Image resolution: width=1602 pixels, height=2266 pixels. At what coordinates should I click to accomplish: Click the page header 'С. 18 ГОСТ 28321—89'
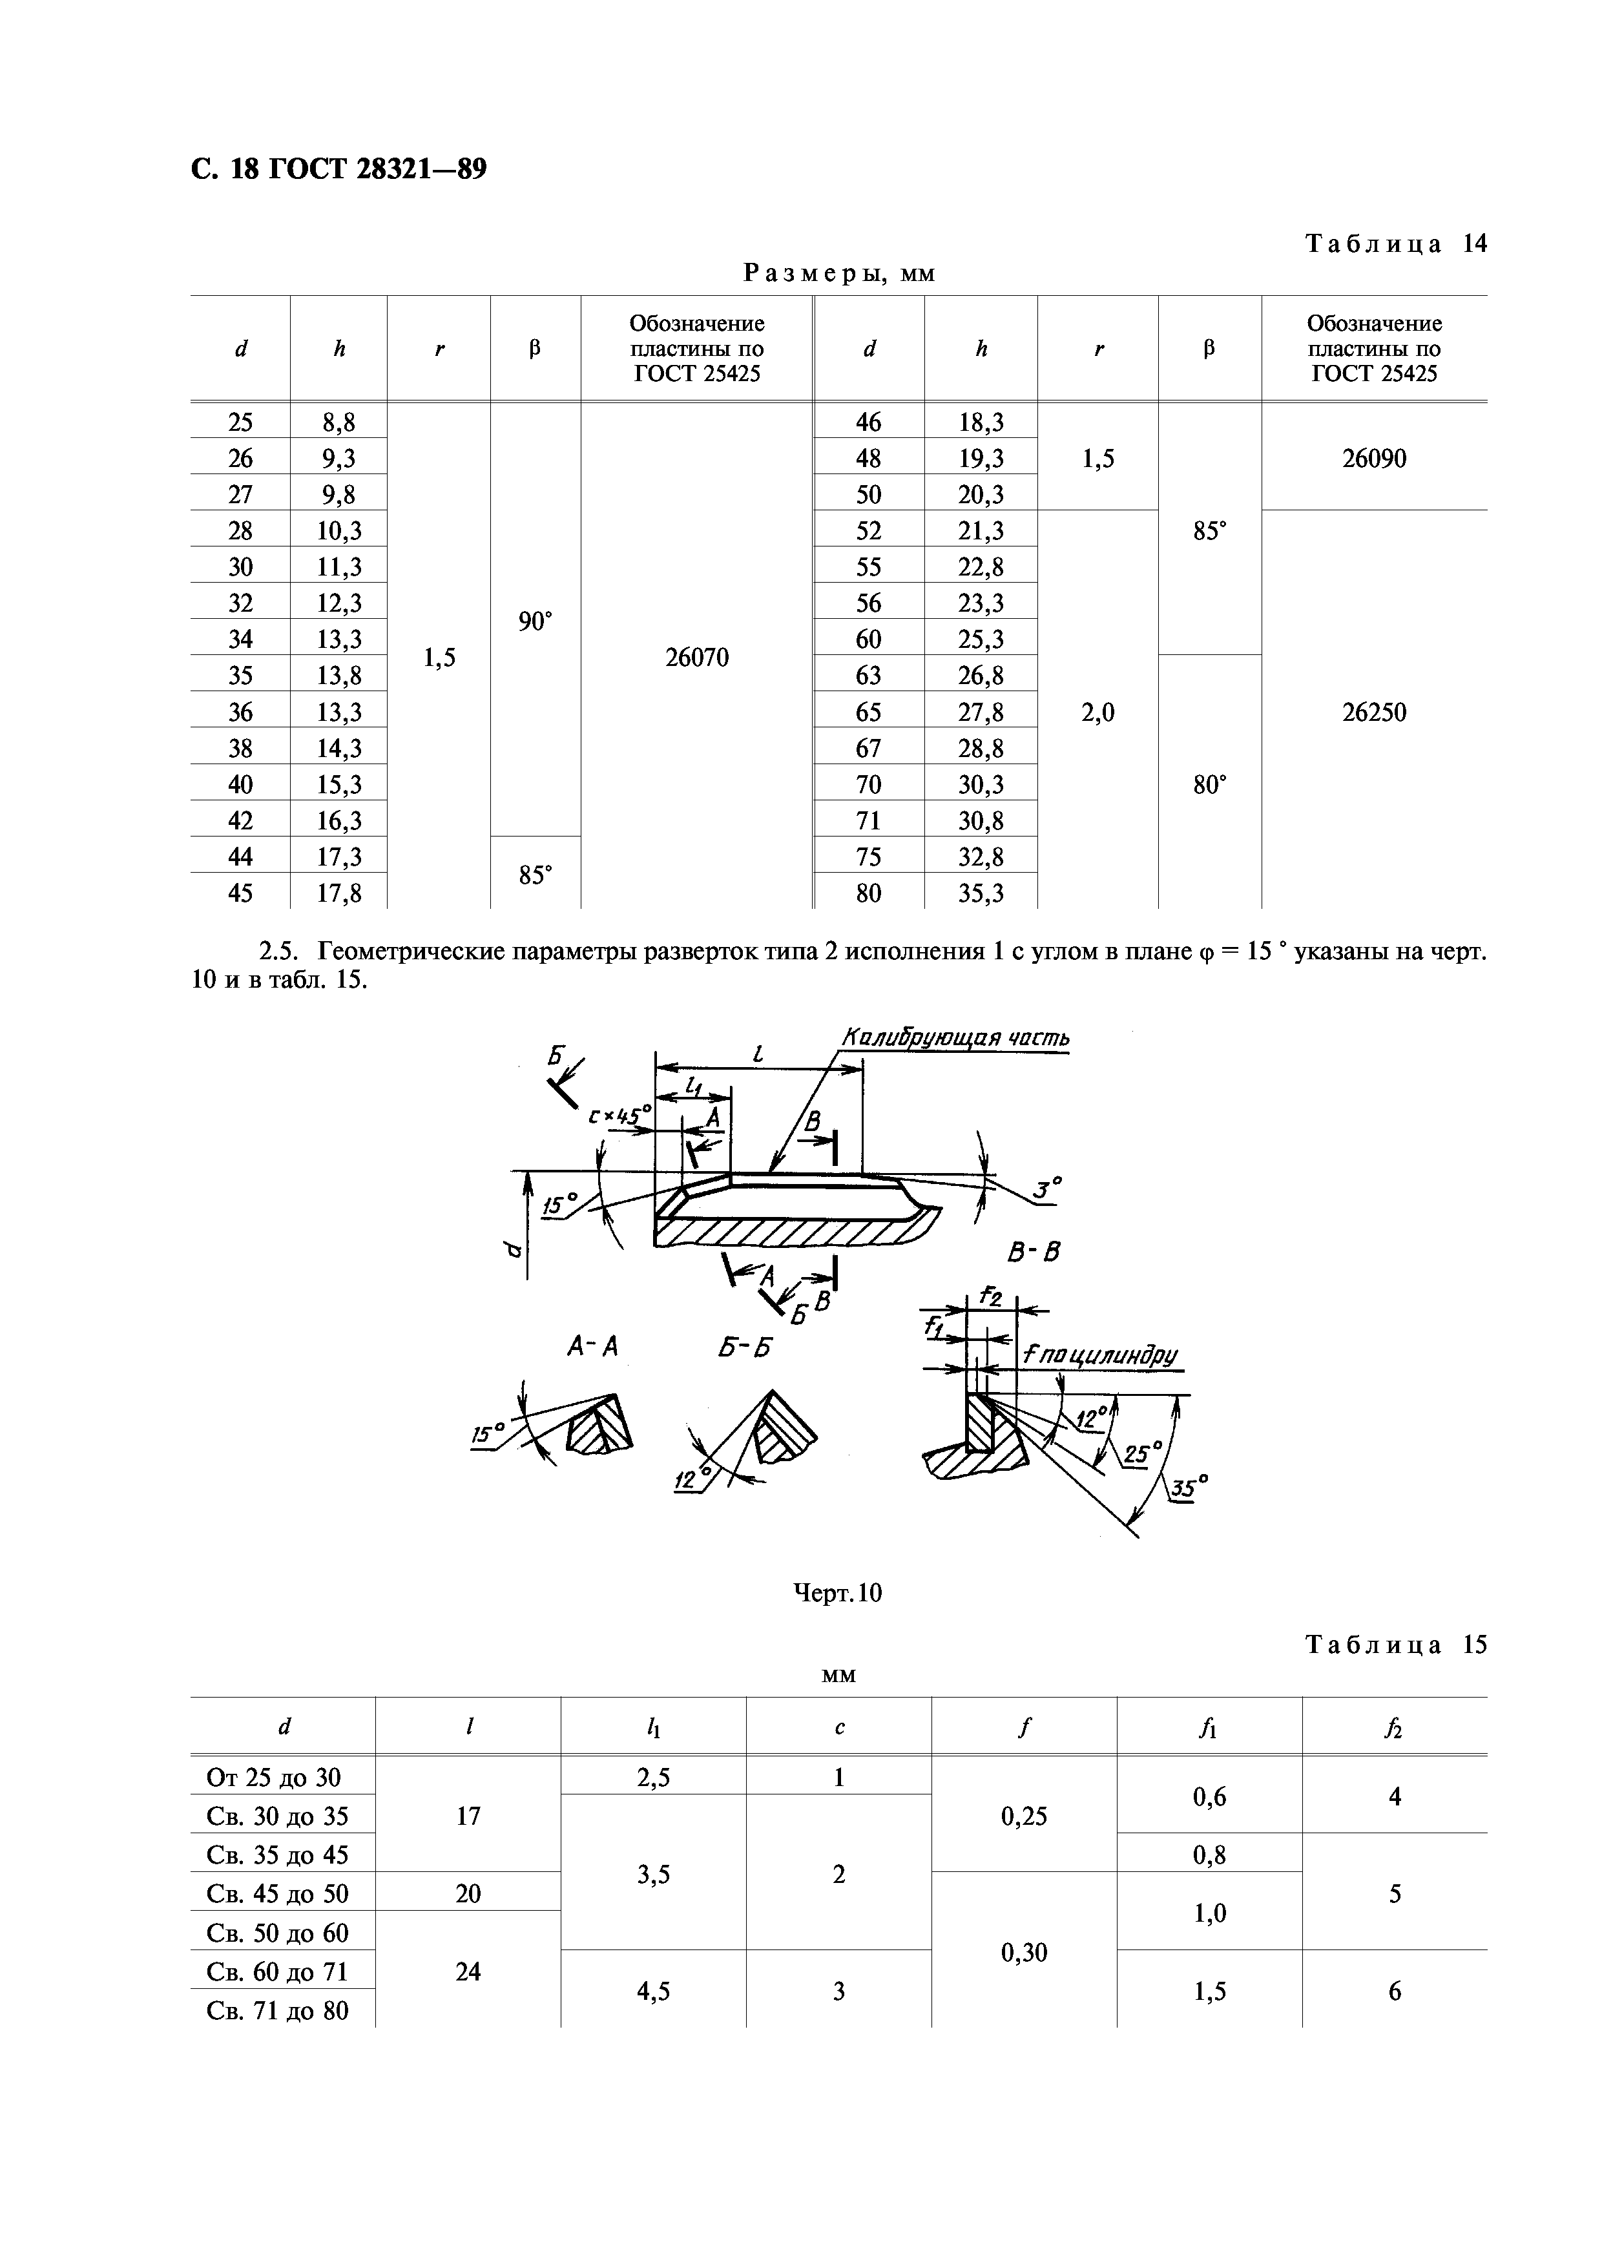pos(338,170)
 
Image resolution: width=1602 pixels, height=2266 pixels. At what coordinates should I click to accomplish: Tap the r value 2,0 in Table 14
pos(1097,712)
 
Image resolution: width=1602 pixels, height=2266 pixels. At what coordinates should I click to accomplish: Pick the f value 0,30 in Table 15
pos(1024,1952)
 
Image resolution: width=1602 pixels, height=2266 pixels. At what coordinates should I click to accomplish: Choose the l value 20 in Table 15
pos(468,1893)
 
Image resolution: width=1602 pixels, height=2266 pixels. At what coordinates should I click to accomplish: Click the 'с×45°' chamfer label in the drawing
pos(620,1115)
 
